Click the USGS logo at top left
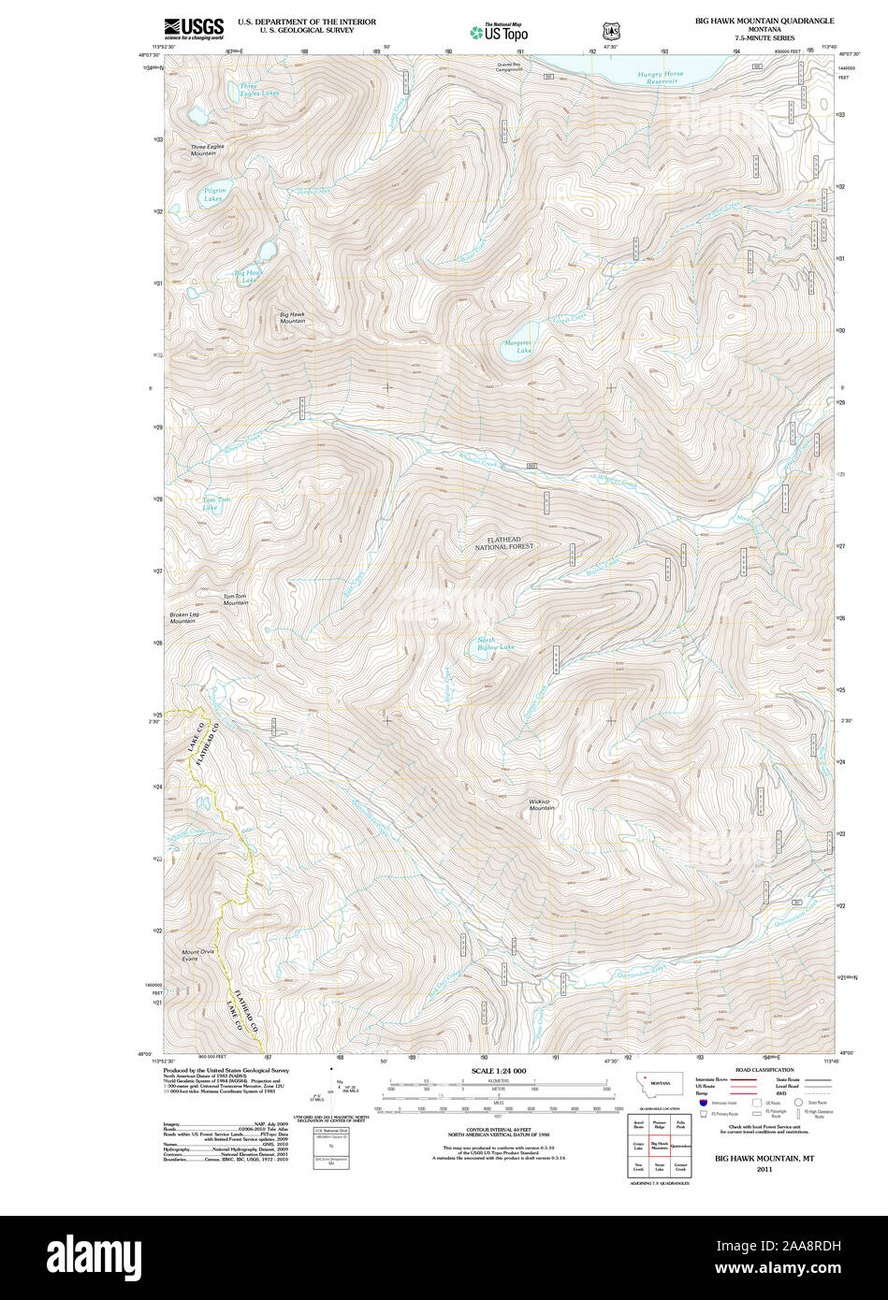coord(194,28)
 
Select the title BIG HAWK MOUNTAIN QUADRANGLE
coord(764,20)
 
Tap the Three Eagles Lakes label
coord(258,91)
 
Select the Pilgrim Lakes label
coord(215,195)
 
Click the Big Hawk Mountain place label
coord(292,318)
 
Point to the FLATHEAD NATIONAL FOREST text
coord(503,542)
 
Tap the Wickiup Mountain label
coord(542,804)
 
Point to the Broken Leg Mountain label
coord(183,618)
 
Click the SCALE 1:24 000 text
coord(499,1070)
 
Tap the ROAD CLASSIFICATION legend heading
coord(764,1070)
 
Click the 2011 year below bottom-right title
coord(764,1169)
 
